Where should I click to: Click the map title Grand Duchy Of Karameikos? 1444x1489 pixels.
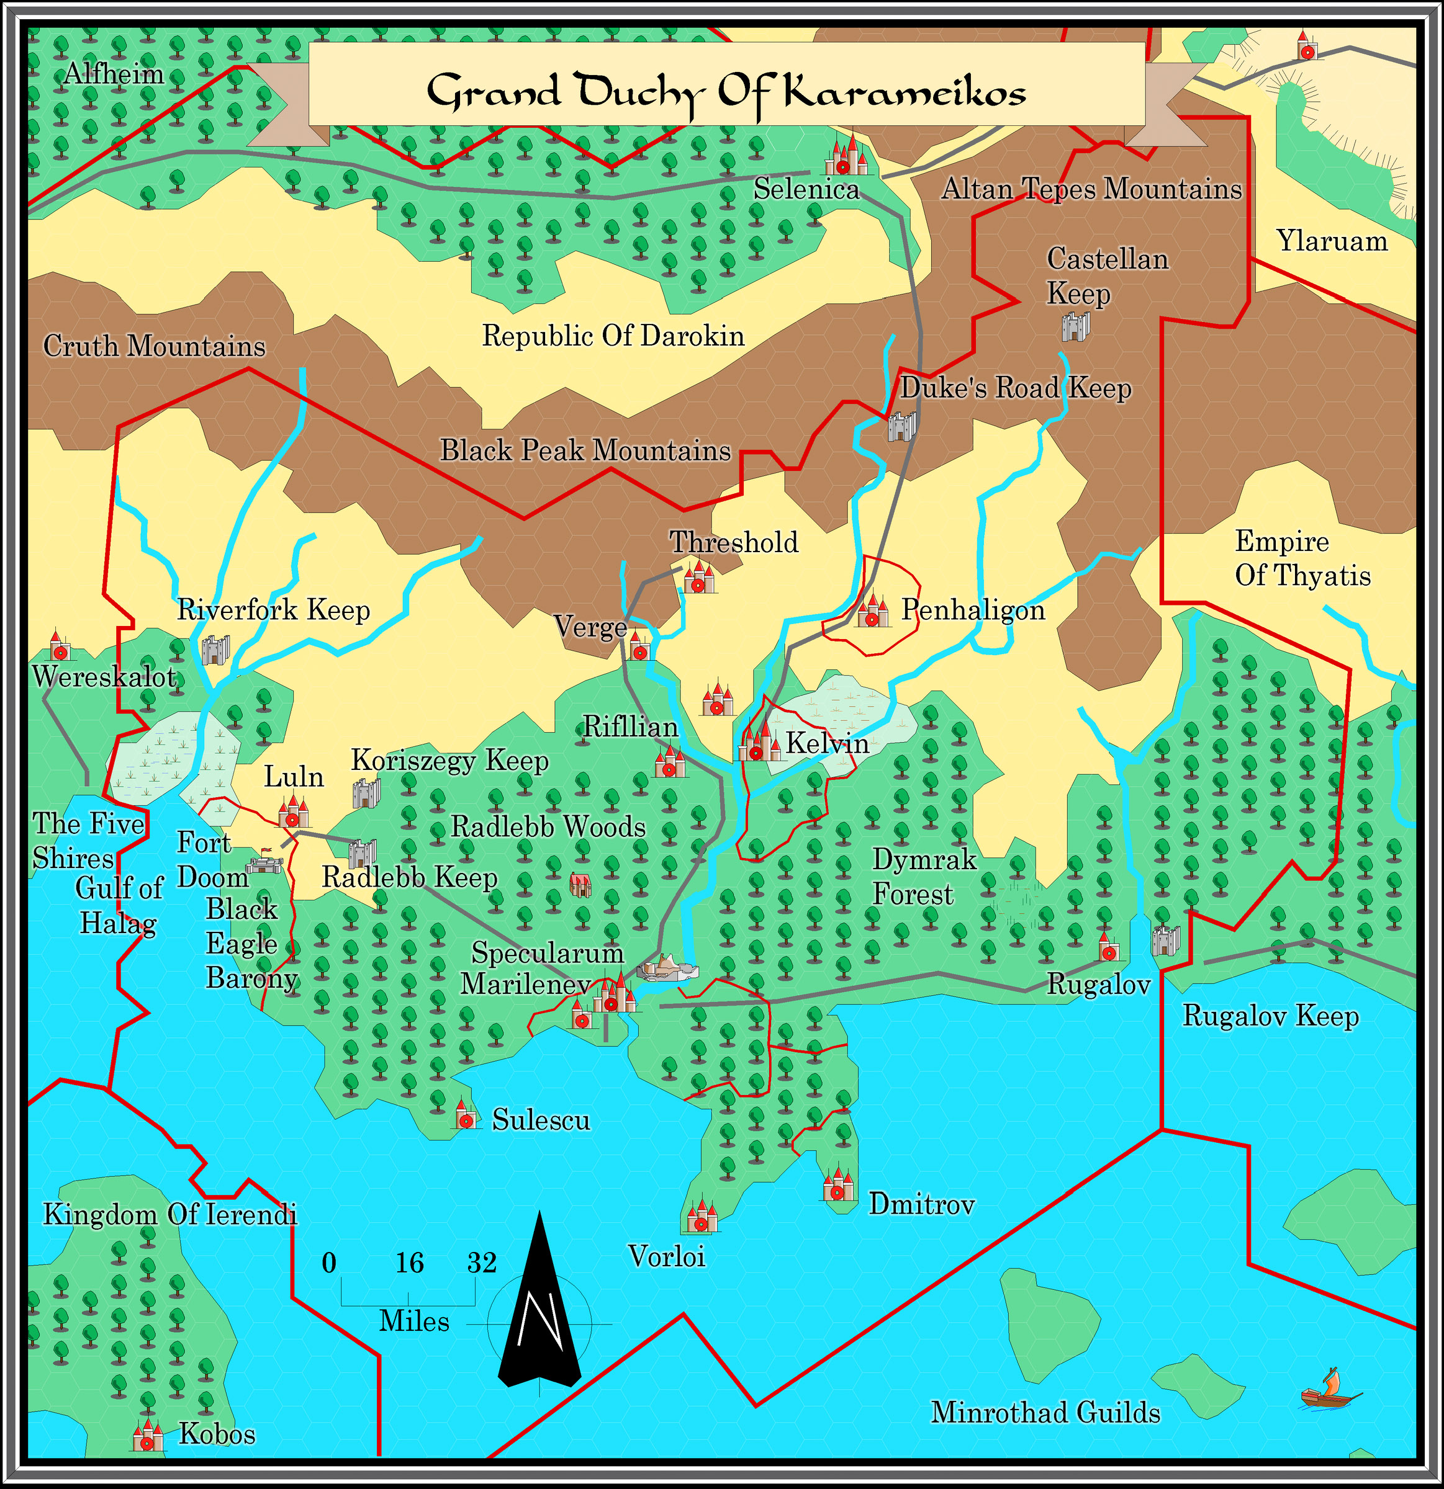coord(726,92)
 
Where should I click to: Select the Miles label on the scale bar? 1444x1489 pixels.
coord(414,1321)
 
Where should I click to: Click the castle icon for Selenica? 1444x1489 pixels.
coord(846,157)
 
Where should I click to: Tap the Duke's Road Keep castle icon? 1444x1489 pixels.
coord(901,426)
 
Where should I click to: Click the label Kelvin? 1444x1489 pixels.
coord(827,742)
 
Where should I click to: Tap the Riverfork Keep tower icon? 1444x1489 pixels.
coord(214,650)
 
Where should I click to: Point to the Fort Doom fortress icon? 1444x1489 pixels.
coord(264,863)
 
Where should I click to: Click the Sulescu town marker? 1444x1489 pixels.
coord(465,1116)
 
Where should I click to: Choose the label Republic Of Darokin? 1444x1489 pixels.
coord(613,335)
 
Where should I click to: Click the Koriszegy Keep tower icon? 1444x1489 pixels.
coord(366,792)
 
